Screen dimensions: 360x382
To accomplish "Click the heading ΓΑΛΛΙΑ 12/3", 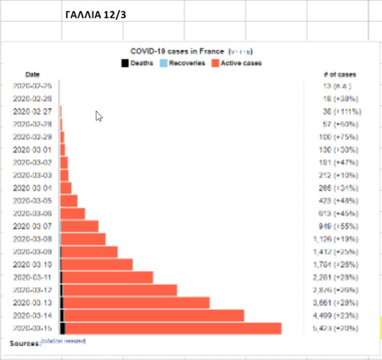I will tap(95, 14).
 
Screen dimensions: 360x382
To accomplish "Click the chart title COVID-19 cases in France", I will tap(177, 51).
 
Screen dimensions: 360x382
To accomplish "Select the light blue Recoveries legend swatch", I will tap(163, 63).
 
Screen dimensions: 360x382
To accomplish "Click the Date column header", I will tap(32, 75).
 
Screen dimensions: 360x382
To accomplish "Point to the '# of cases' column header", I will tap(340, 75).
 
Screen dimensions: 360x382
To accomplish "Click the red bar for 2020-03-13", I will tap(137, 303).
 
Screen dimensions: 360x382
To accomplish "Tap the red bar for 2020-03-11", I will tap(108, 277).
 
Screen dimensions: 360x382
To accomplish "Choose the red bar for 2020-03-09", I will tap(90, 252).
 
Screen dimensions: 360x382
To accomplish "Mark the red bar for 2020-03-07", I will tap(80, 226).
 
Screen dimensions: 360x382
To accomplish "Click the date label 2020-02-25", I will tap(32, 87).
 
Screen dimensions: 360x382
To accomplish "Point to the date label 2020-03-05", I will tap(32, 201).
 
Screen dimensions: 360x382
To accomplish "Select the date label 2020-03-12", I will tap(32, 290).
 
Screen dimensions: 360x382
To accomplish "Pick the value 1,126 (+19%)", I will tap(338, 239).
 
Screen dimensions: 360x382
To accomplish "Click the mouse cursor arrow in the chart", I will tap(99, 116).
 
